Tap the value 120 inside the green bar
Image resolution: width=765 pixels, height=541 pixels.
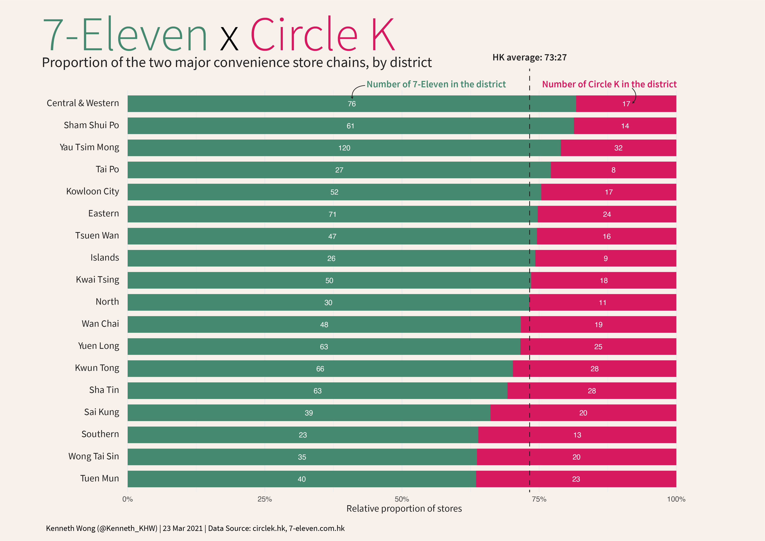tap(344, 148)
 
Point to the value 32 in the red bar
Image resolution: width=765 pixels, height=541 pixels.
tap(618, 148)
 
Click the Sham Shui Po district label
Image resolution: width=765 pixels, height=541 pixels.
tap(91, 125)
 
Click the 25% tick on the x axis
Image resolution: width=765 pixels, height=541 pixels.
tap(265, 499)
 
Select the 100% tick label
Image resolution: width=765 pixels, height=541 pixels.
tap(676, 499)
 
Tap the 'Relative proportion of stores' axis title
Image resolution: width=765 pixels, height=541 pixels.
tap(404, 509)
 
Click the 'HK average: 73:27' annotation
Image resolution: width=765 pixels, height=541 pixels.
tap(529, 58)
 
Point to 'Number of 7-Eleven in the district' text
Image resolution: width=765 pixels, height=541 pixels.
tap(436, 84)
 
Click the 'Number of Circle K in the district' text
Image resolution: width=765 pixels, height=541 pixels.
tap(609, 84)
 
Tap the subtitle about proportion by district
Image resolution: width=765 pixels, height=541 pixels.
tap(237, 63)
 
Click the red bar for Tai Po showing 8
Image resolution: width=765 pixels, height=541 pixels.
tap(613, 170)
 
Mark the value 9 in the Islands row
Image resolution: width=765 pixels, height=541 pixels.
tap(606, 259)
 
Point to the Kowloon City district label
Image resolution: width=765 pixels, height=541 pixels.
tap(92, 192)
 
